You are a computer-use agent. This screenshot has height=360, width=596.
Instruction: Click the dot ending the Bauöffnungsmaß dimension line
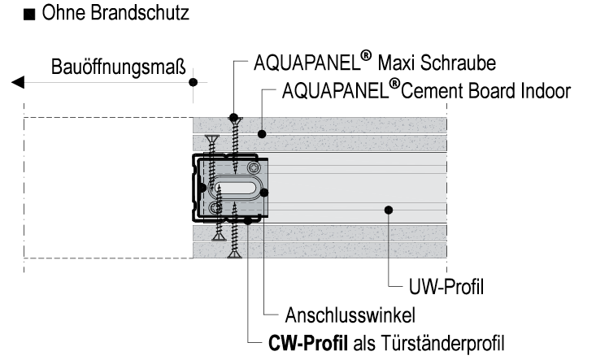193,82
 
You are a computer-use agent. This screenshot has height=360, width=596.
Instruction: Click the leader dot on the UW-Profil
389,210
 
